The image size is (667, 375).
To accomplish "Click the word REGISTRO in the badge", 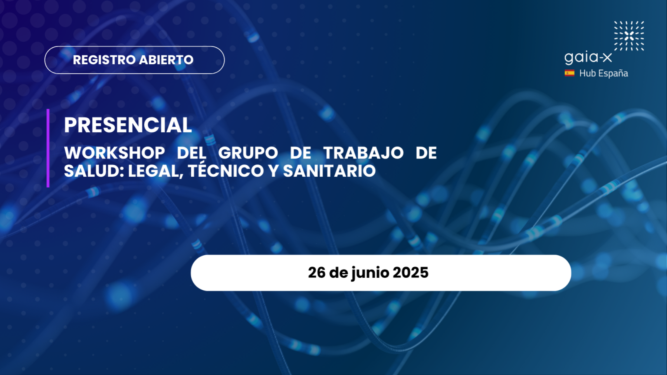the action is [x=104, y=60].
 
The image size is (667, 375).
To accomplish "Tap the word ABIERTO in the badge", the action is [x=166, y=60].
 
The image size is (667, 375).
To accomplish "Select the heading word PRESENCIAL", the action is [x=128, y=125].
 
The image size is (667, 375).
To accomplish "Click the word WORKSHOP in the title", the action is [x=115, y=153].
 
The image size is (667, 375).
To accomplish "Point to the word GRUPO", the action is [x=248, y=153].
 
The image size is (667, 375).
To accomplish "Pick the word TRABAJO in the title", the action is [x=364, y=153].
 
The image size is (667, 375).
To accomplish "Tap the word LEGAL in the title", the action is [x=156, y=171].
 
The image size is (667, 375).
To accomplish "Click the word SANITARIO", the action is [x=329, y=171].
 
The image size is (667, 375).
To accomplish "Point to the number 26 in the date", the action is [x=316, y=273].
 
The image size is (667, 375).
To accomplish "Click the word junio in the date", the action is [x=371, y=273].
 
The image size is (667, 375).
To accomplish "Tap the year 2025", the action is [x=411, y=273].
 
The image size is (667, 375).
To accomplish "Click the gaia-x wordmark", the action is [x=588, y=58].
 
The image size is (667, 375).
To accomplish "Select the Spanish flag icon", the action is [x=570, y=73].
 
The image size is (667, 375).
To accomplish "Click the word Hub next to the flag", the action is [x=588, y=73].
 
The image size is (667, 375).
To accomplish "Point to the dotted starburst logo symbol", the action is [x=629, y=36].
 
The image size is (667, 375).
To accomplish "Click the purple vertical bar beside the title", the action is [x=48, y=148].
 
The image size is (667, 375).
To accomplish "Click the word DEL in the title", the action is [x=191, y=153].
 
